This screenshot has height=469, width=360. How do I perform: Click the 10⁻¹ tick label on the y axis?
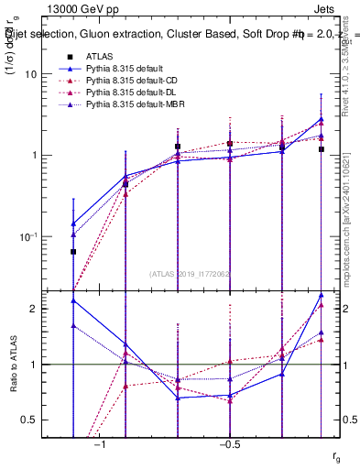click(x=37, y=235)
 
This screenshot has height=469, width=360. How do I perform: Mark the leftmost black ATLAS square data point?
click(x=73, y=251)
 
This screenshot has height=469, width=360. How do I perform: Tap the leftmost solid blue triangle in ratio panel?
click(x=73, y=300)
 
